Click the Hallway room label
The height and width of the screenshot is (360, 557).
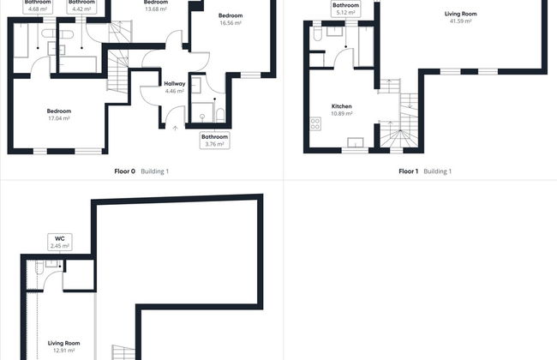coord(175,84)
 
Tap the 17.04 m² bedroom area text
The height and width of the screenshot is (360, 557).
coord(59,118)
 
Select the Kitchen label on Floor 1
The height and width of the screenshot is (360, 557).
coord(342,106)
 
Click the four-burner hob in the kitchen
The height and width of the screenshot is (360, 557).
coord(315,124)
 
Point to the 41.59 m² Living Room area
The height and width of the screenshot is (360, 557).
coord(461,21)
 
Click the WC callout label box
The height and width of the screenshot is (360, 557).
coord(60,242)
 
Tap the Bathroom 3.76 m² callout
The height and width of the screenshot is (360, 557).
coord(214,141)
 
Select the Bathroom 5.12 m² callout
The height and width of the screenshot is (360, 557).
coord(345,9)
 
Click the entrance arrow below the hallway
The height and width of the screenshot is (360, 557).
coord(175,128)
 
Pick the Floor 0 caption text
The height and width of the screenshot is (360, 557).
coord(125,171)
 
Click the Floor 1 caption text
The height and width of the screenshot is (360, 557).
coord(408,171)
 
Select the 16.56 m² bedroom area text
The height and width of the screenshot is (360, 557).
coord(231,23)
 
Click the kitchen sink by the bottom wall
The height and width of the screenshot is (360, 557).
coord(356,142)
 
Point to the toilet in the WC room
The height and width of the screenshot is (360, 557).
coord(39,267)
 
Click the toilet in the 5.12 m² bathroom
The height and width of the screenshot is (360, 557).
coord(318,33)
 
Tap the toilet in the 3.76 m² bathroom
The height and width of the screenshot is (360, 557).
coord(220,115)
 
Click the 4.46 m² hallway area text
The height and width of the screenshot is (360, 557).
coord(175,92)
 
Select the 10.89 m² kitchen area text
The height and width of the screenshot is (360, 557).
coord(342,114)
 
